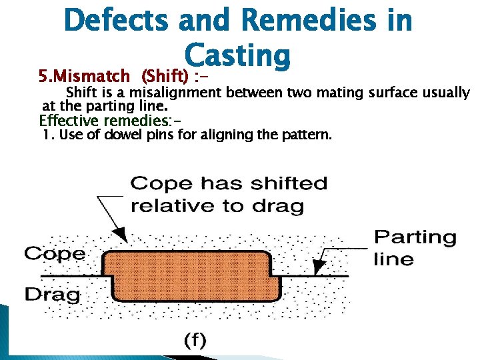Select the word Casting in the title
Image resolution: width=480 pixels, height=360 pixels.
coord(238,56)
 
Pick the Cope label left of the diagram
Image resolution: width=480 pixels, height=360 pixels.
coord(55,253)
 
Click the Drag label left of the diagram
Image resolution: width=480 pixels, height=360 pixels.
coord(52,293)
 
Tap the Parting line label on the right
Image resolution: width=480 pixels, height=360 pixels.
coord(415,247)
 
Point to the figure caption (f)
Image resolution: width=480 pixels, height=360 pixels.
coord(195,340)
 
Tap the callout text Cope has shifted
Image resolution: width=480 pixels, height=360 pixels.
coord(229,183)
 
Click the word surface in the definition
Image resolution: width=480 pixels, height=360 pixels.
coord(389,93)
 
